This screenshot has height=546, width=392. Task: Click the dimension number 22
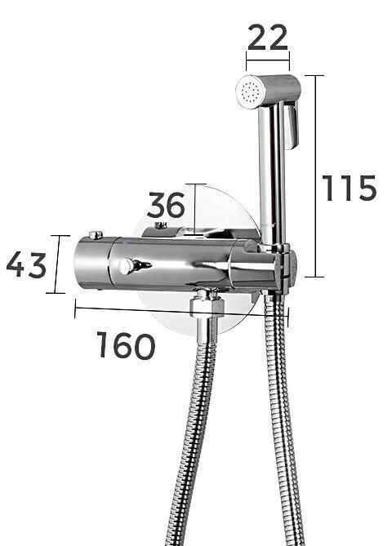coord(268,37)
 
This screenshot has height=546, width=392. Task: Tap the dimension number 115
coord(350,188)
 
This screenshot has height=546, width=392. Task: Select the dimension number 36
coord(166,205)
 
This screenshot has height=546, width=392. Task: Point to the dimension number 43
coord(26,265)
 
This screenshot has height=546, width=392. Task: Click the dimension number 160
coord(126,345)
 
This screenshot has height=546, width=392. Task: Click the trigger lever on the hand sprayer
coord(292,125)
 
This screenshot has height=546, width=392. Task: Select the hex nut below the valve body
coord(207,305)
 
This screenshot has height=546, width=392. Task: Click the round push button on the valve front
coord(125,267)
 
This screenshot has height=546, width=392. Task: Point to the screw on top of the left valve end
coord(96,235)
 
